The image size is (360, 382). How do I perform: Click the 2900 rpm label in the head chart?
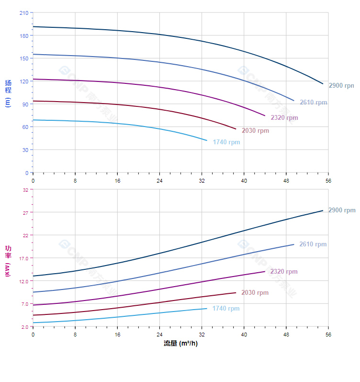click(341, 85)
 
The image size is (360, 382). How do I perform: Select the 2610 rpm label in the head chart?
click(314, 103)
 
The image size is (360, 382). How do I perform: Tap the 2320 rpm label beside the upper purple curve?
click(284, 118)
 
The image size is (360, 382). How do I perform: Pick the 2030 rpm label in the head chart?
click(255, 131)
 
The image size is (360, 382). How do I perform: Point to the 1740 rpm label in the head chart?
click(226, 142)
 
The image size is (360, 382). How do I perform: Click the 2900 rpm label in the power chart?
click(342, 210)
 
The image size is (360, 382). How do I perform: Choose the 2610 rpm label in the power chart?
click(313, 244)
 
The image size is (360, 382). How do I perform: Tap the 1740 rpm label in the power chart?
click(226, 309)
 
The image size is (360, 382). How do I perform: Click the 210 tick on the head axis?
click(23, 13)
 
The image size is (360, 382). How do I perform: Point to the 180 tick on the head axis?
click(23, 35)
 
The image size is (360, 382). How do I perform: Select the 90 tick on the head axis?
click(25, 104)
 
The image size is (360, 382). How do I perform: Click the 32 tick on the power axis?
click(25, 190)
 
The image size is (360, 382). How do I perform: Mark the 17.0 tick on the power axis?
click(23, 258)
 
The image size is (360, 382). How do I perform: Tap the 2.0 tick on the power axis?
click(24, 327)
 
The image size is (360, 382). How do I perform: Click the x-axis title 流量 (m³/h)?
click(180, 344)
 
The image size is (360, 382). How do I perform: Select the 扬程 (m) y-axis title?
click(8, 93)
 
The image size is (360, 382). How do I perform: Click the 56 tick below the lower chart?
click(328, 335)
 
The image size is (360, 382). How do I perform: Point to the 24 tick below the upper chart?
click(159, 181)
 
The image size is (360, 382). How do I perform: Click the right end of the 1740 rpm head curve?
click(207, 140)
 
